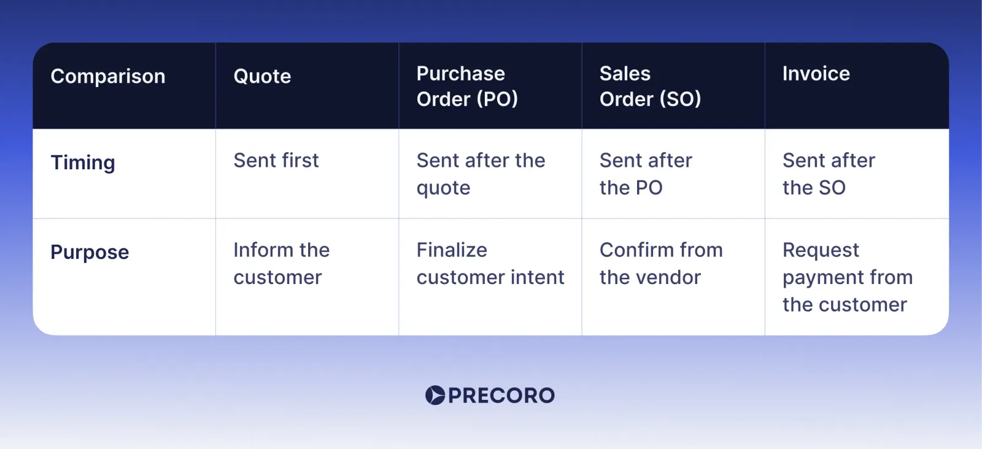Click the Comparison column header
point(108,77)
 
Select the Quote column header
point(262,77)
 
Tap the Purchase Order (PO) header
point(467,86)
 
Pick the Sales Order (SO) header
point(650,86)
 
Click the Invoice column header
point(816,74)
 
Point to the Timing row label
point(83,163)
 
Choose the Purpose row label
point(90,252)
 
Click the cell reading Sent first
point(276,161)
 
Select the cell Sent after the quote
point(481,174)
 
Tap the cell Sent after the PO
point(646,174)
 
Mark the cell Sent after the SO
point(829,174)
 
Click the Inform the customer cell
point(281,264)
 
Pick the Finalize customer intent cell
point(490,264)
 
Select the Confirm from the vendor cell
point(661,264)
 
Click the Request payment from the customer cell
point(847,277)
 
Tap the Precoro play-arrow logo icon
point(435,396)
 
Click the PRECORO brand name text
point(501,396)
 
